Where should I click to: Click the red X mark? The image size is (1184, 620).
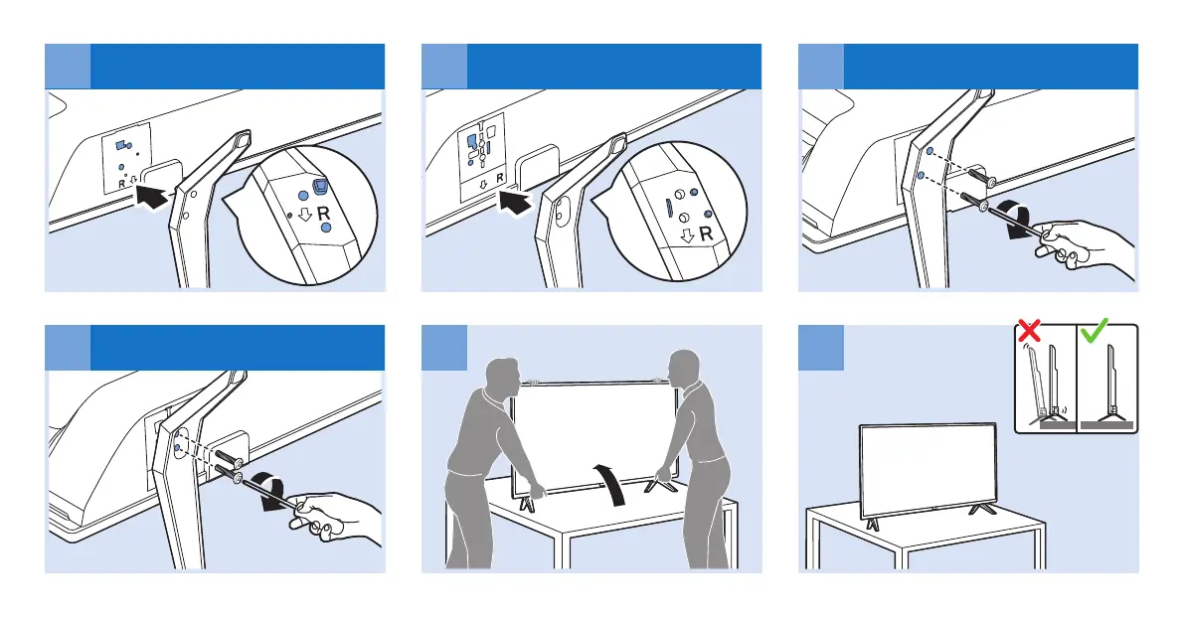tap(1029, 330)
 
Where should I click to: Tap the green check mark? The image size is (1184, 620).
tap(1095, 329)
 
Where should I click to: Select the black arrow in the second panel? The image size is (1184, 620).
tap(515, 200)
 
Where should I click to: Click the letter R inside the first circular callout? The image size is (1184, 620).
tap(323, 214)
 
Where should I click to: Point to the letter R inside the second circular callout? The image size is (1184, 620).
tap(706, 233)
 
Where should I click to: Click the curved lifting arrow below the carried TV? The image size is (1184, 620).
tap(613, 484)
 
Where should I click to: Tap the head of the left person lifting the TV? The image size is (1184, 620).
tap(502, 375)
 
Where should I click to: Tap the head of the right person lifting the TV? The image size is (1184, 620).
tap(683, 368)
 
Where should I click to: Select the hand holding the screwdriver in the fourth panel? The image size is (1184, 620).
tap(332, 517)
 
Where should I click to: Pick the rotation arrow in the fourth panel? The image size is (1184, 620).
tap(272, 491)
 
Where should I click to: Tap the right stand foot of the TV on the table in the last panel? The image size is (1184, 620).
tap(982, 510)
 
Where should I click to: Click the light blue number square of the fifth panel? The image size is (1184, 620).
tap(444, 348)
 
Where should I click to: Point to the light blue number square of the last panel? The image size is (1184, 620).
tap(821, 348)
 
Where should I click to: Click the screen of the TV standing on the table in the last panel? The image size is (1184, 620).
tap(929, 468)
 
